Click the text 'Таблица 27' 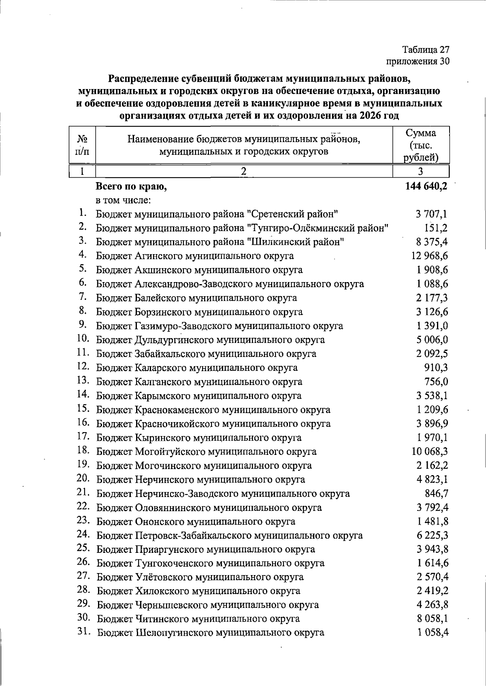pyautogui.click(x=426, y=50)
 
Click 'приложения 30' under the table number pyautogui.click(x=418, y=61)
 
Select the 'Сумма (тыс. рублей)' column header pyautogui.click(x=421, y=145)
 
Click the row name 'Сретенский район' pyautogui.click(x=217, y=214)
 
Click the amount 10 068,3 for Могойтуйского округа pyautogui.click(x=429, y=451)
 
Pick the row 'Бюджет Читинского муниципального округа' pyautogui.click(x=198, y=619)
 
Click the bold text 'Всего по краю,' pyautogui.click(x=131, y=187)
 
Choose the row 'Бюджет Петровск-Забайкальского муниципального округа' pyautogui.click(x=230, y=535)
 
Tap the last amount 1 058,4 pyautogui.click(x=433, y=633)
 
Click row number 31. pyautogui.click(x=84, y=631)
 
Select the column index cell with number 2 pyautogui.click(x=244, y=171)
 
